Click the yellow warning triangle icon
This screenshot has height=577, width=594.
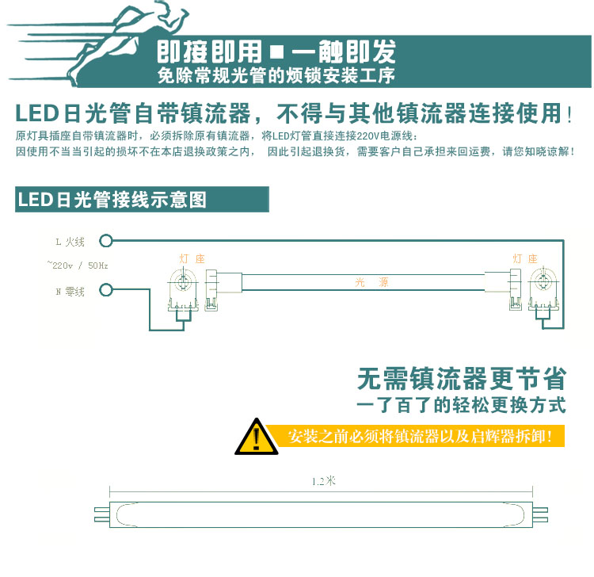257,438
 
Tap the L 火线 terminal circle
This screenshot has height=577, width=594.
106,241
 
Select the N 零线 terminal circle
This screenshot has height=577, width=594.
106,290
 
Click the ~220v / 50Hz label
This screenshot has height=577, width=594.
78,266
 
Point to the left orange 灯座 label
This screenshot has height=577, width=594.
192,259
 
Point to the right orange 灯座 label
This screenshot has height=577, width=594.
525,259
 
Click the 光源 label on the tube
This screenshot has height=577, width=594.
371,282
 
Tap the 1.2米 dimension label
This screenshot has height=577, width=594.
324,481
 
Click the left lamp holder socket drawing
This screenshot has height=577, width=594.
184,290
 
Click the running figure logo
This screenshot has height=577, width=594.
98,44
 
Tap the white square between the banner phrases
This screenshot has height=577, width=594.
277,52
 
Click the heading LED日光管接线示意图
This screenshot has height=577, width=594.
112,200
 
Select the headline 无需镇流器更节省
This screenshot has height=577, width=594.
462,379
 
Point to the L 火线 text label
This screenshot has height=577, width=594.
70,242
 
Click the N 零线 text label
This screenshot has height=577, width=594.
70,292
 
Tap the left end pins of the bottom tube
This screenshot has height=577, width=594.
102,514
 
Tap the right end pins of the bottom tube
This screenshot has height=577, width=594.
540,514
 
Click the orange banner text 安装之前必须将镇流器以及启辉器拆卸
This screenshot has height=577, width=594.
419,437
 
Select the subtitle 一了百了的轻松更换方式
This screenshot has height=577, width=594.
462,405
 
